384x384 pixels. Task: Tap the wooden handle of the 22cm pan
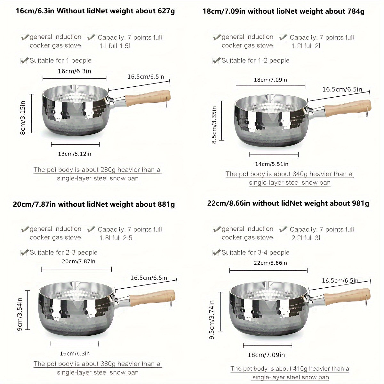(x=347, y=297)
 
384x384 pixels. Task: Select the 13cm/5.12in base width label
(x=75, y=154)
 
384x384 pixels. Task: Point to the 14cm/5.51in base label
(x=272, y=164)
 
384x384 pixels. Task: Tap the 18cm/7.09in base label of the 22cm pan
(x=266, y=355)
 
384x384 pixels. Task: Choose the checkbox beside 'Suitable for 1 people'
(x=24, y=61)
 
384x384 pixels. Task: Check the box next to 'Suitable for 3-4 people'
(x=216, y=253)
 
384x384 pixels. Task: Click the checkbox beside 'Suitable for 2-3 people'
(x=24, y=253)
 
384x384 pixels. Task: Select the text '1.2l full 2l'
(x=306, y=46)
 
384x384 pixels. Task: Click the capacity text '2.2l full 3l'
(x=306, y=238)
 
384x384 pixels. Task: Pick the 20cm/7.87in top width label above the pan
(x=78, y=261)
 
